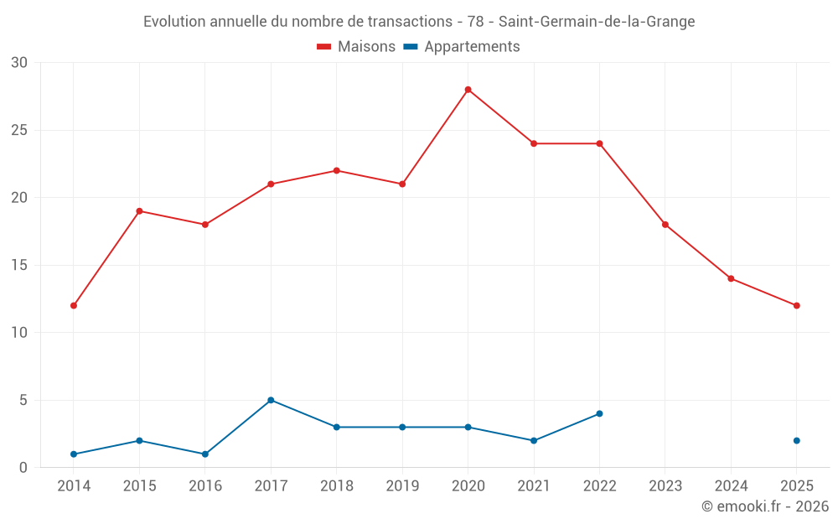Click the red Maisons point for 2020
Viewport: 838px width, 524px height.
(468, 90)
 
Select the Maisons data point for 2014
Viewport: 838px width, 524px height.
(74, 305)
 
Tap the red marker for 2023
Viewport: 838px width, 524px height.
(665, 225)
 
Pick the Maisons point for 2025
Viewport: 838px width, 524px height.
(796, 305)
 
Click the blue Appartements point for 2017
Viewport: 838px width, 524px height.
(271, 400)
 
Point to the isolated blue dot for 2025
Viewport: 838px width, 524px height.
(796, 440)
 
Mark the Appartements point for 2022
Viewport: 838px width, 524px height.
(599, 413)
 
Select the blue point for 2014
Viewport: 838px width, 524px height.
(74, 454)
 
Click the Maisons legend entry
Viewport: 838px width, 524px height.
(356, 47)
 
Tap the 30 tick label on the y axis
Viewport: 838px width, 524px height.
(19, 63)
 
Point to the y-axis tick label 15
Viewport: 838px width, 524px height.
(19, 265)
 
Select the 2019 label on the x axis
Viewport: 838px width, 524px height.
(402, 485)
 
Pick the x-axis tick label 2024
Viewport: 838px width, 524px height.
(731, 485)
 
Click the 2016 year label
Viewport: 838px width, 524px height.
(205, 485)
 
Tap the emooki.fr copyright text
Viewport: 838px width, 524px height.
(764, 506)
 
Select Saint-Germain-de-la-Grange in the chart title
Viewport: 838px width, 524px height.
(596, 22)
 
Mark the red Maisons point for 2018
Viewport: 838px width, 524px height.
(336, 170)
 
